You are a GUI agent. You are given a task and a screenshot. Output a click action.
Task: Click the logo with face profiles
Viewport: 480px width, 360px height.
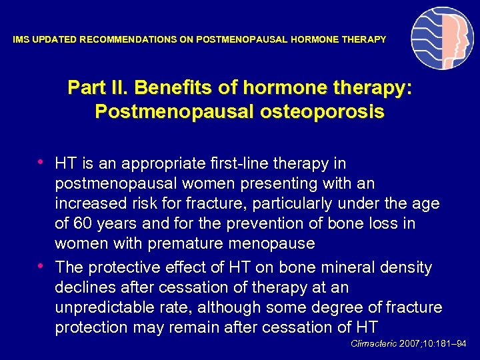442,39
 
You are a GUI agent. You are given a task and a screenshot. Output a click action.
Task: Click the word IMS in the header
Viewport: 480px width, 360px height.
21,40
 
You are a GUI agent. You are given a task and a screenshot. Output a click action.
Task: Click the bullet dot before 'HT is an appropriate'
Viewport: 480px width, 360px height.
42,162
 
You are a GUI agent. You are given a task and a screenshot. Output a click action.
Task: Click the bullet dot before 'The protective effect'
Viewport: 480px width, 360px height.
42,266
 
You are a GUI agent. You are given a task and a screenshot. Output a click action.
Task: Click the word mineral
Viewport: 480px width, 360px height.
355,267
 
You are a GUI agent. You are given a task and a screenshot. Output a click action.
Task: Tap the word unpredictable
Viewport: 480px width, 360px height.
103,307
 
